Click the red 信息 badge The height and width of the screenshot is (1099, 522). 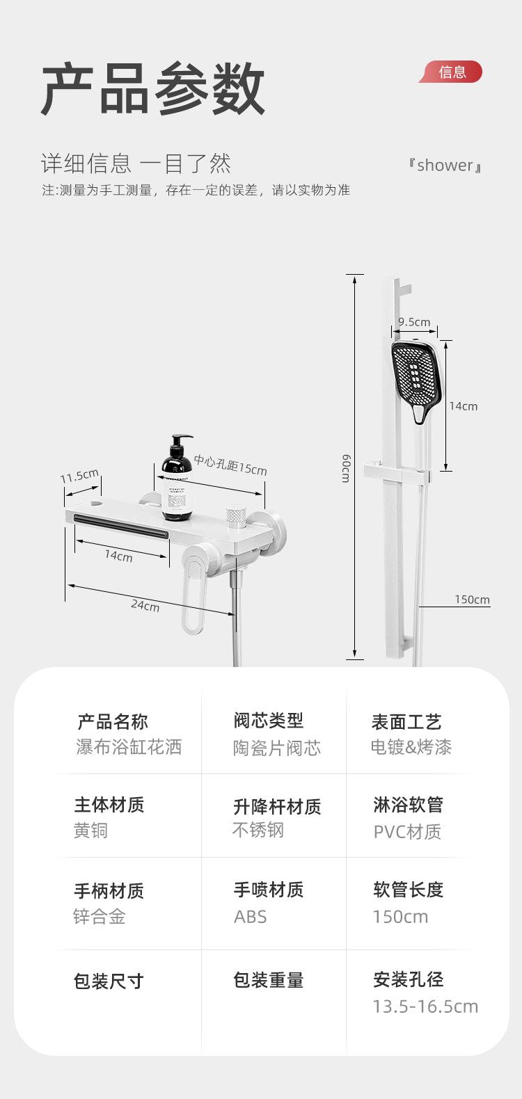coord(452,72)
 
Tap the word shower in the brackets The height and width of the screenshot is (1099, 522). coord(445,166)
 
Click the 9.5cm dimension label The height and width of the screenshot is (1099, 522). coord(414,322)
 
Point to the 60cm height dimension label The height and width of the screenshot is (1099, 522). coord(345,468)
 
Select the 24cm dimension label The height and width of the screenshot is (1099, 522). coord(145,605)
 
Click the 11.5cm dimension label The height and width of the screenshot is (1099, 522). coord(79,476)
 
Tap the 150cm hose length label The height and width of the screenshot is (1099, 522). coord(472,600)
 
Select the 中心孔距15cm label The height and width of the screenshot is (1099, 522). coord(230,464)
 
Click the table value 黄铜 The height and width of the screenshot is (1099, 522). coord(91,831)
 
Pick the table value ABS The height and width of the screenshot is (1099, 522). coord(251,917)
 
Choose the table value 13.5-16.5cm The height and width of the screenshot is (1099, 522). coord(425,1006)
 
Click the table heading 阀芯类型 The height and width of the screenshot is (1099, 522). coord(269,721)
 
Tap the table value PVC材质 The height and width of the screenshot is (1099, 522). coord(407,832)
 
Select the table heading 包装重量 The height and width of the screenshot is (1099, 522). coord(269,981)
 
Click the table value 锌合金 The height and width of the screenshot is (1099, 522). coord(100,917)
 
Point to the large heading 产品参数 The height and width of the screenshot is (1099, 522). coord(153,88)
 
